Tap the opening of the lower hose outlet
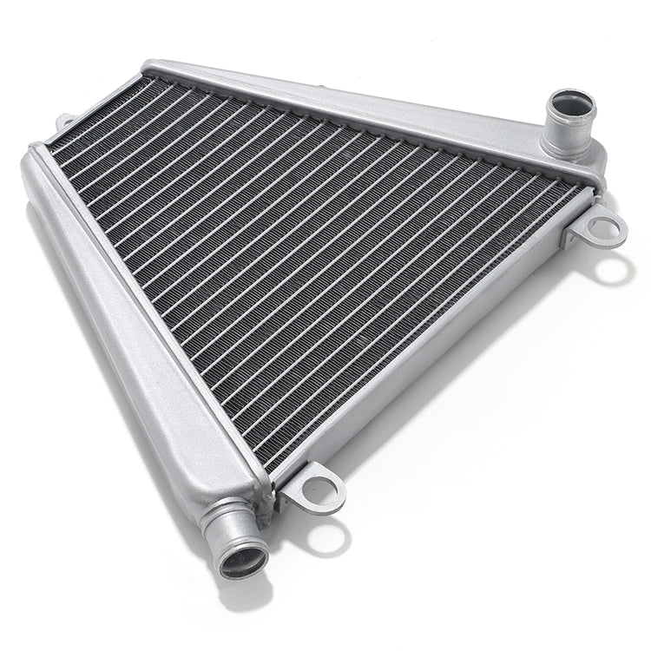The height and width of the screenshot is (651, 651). coord(243,559)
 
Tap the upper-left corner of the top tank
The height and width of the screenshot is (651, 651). coord(152,68)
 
